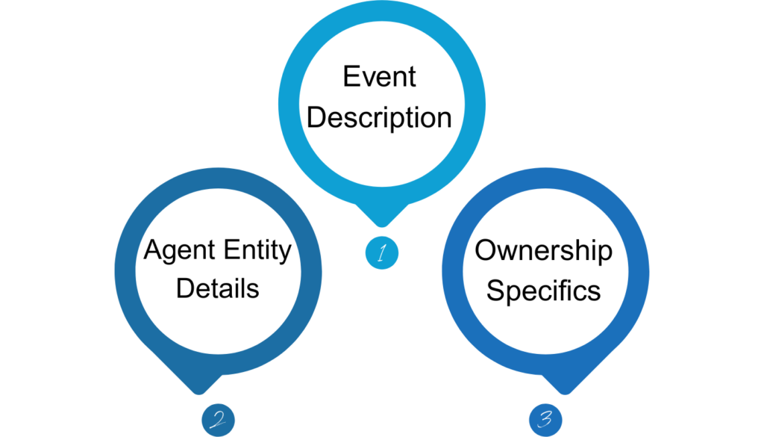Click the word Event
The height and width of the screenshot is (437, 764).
pyautogui.click(x=379, y=77)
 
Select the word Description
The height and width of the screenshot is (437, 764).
pyautogui.click(x=379, y=118)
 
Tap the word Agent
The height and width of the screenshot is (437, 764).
pyautogui.click(x=177, y=250)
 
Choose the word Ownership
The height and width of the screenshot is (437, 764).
pyautogui.click(x=543, y=250)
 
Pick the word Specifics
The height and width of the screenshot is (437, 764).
pyautogui.click(x=543, y=290)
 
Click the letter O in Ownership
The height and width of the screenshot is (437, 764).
pyautogui.click(x=486, y=250)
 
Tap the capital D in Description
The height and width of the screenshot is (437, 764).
pyautogui.click(x=316, y=118)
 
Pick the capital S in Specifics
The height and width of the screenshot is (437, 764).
pyautogui.click(x=495, y=290)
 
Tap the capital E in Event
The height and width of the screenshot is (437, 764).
pyautogui.click(x=350, y=77)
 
